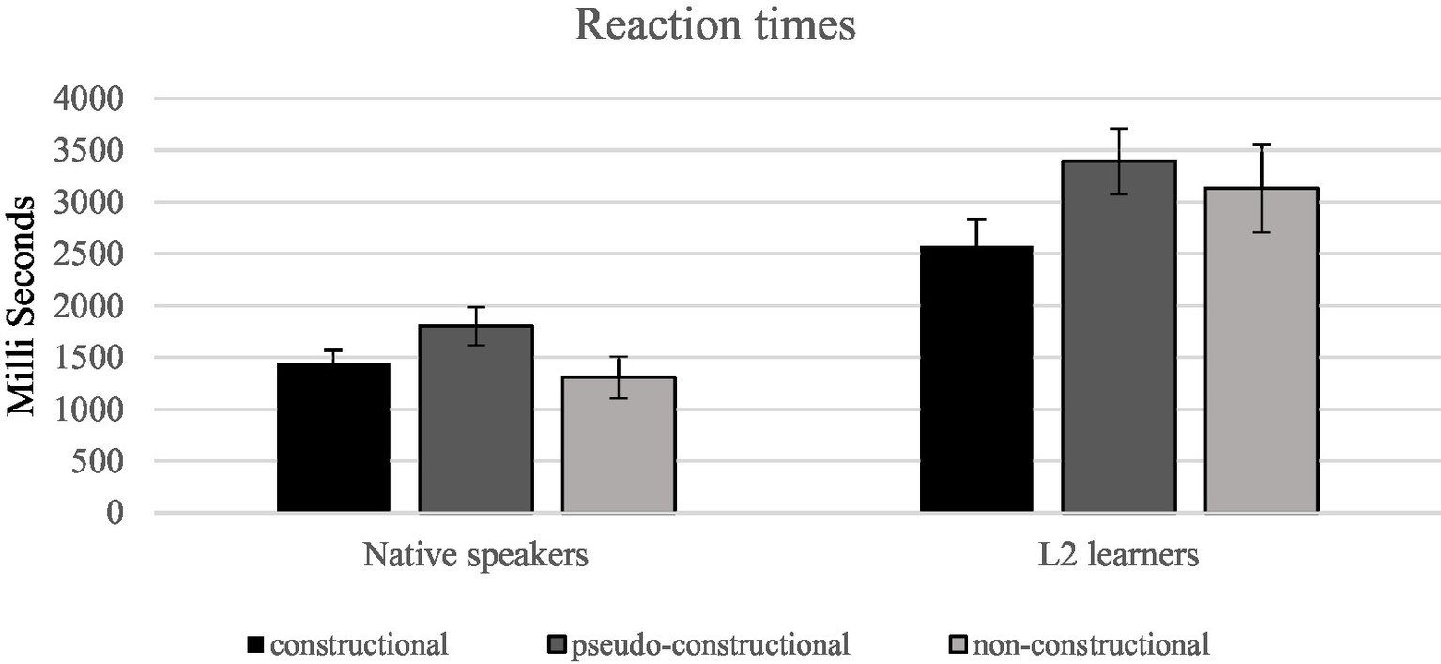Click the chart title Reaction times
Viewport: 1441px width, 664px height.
715,25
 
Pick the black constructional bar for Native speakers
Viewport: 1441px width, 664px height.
333,438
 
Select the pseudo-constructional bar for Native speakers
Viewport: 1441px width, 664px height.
476,419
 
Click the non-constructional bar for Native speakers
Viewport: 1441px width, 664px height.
618,444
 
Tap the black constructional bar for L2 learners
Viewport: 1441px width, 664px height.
976,379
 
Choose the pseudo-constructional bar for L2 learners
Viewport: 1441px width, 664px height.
1119,336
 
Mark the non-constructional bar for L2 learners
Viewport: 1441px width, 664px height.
1262,350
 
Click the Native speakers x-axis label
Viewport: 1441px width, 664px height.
476,556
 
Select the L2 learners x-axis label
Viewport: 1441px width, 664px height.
1119,556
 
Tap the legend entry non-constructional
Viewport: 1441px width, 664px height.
1091,645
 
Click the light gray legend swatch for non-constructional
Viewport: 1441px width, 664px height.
959,645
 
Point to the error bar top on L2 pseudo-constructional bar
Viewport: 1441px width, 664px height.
1119,129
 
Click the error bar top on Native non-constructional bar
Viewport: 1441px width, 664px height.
618,357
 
